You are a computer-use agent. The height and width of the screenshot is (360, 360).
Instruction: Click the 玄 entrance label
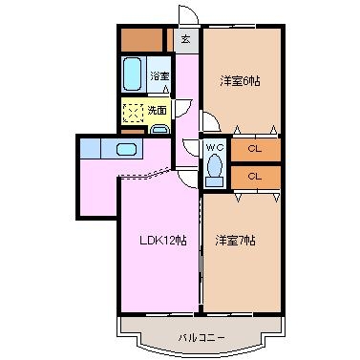186,40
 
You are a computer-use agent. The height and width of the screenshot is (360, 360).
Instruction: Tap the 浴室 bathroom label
159,76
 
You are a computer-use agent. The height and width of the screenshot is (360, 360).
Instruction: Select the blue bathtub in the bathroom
132,74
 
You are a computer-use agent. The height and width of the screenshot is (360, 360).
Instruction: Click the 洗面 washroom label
158,111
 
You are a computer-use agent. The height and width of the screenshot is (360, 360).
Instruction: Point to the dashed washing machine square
134,113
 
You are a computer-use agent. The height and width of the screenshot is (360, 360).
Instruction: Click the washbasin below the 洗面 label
159,129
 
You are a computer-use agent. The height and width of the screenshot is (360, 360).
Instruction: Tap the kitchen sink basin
126,149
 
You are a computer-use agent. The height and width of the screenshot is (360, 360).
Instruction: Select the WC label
215,147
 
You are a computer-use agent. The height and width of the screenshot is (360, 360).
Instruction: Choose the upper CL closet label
255,149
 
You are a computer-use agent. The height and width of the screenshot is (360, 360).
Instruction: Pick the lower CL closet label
255,176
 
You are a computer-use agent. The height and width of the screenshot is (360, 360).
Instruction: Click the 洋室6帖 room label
240,81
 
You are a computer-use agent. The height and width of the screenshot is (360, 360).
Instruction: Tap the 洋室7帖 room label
235,241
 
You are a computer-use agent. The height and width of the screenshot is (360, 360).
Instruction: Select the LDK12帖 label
163,241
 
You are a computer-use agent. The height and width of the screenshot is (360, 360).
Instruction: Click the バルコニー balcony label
201,337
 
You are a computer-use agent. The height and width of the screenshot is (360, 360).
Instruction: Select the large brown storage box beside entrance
142,40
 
